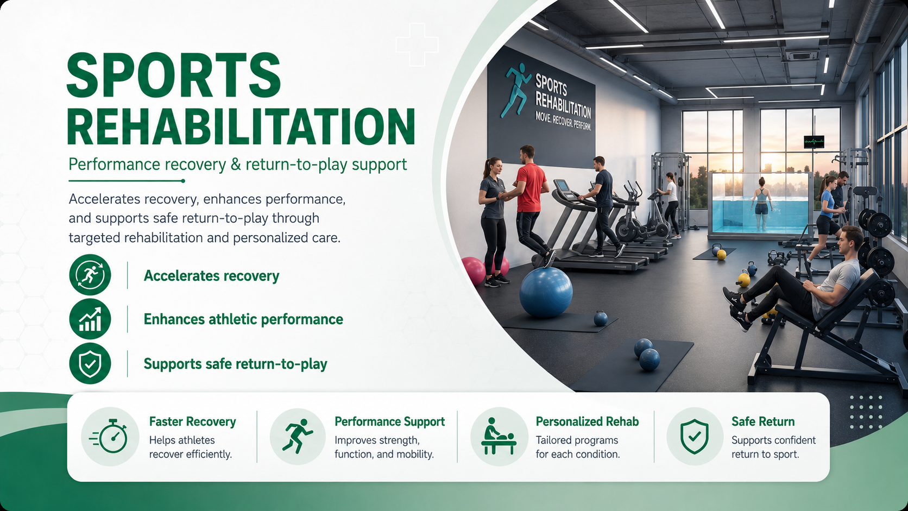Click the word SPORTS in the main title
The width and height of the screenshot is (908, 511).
tap(174, 75)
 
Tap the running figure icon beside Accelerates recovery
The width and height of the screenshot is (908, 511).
tap(90, 275)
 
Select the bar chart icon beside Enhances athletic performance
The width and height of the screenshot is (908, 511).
tap(90, 319)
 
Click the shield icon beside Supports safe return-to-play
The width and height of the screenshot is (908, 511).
tap(90, 363)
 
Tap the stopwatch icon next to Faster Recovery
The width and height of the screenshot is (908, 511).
tap(110, 437)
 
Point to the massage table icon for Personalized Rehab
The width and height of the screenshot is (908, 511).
tap(499, 437)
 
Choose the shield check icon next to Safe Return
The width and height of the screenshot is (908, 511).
tap(695, 437)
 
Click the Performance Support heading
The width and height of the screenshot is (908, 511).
tap(389, 422)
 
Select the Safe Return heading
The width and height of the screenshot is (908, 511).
tap(763, 421)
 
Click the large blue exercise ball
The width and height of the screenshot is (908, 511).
tap(546, 292)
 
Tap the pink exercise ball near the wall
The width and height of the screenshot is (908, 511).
tap(474, 270)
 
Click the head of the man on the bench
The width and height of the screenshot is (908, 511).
tap(848, 242)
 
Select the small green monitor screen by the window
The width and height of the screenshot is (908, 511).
tap(814, 142)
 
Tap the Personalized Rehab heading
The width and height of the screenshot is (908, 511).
tap(587, 421)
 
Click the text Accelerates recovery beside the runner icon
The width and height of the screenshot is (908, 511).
tap(212, 276)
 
